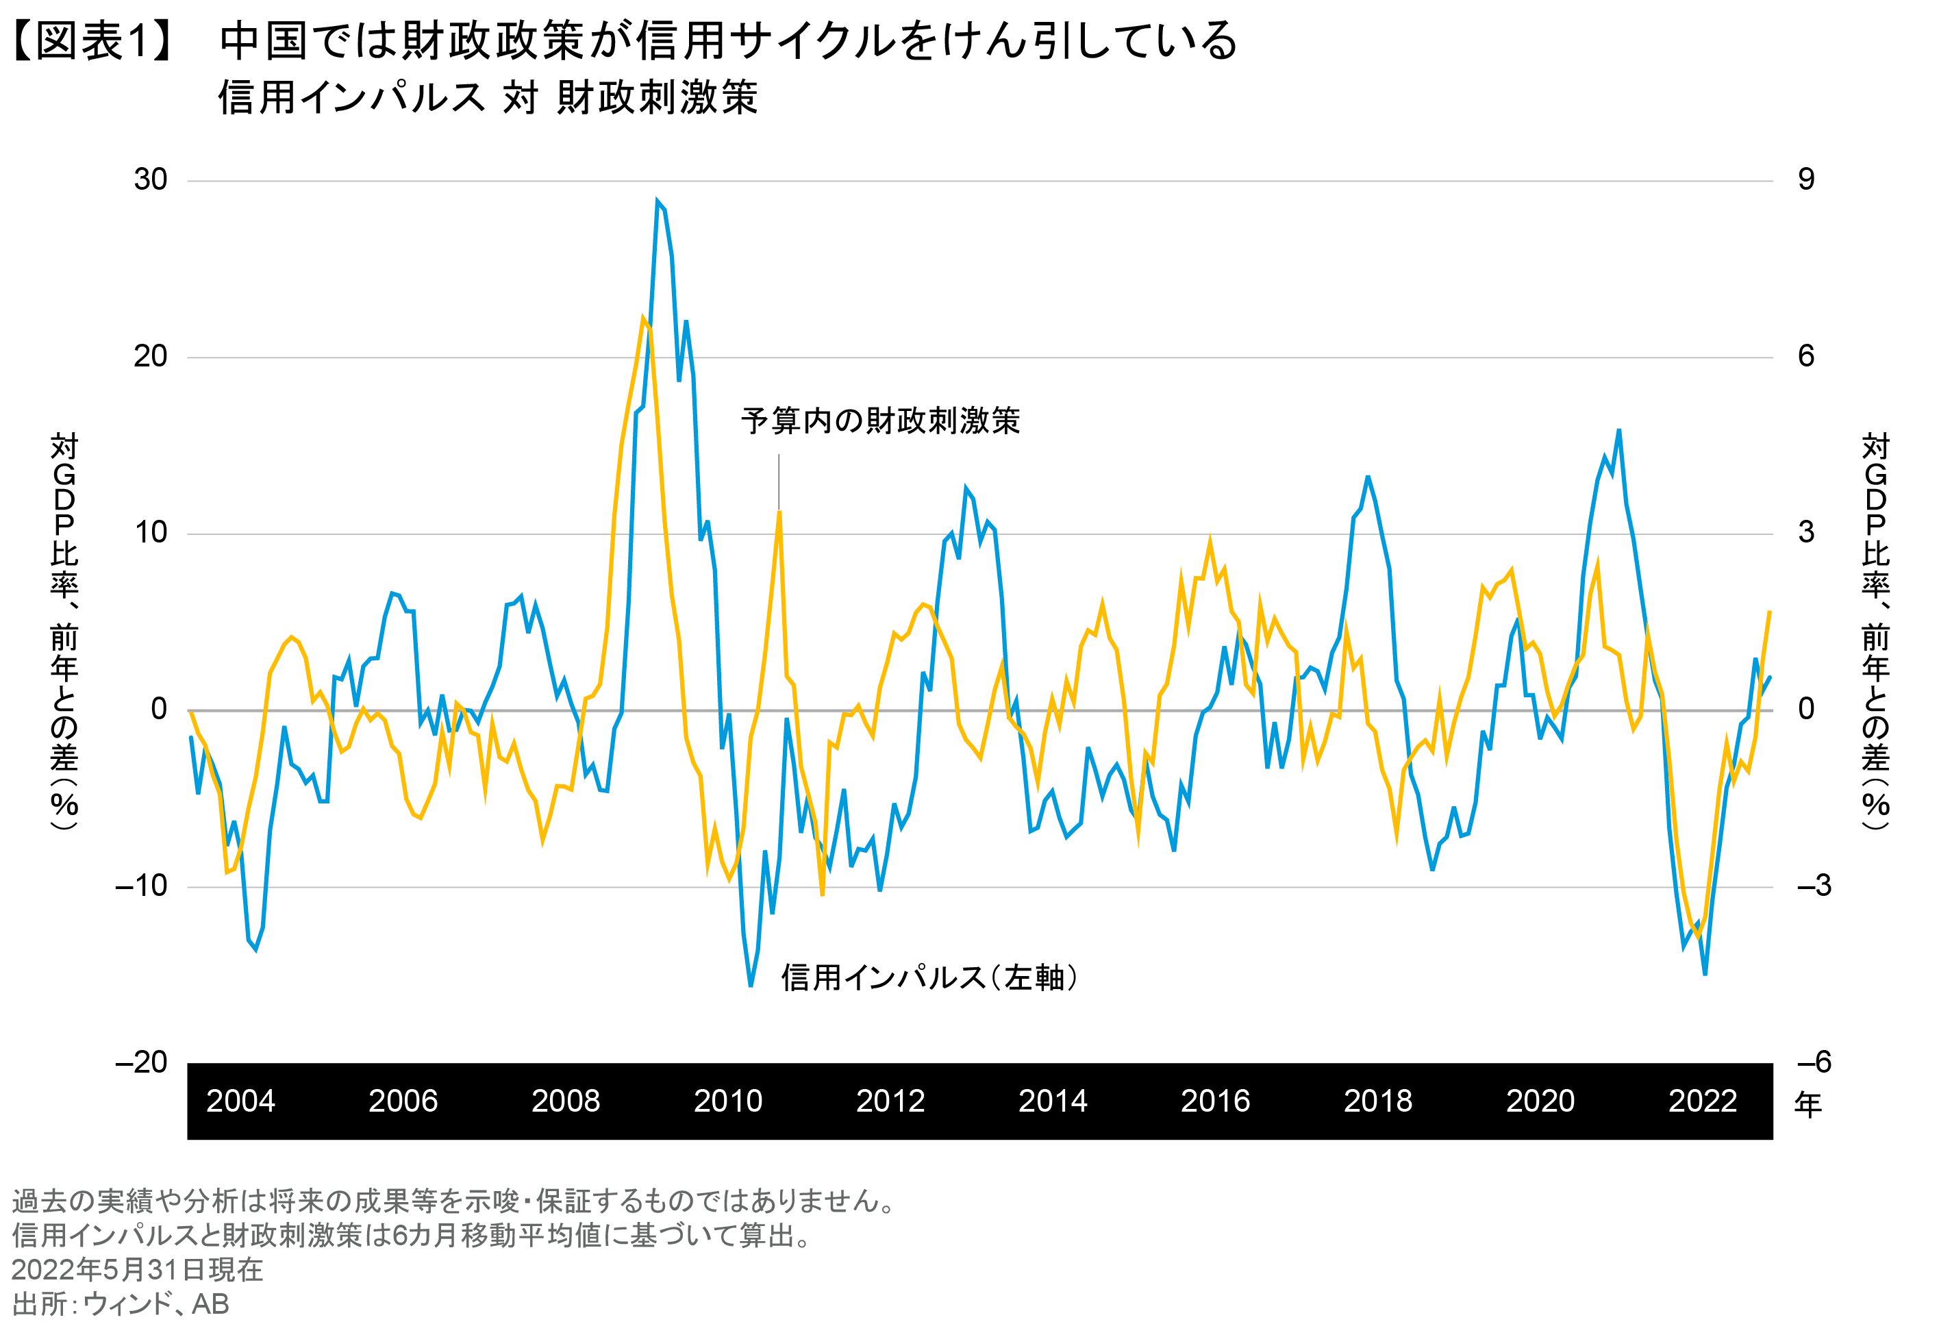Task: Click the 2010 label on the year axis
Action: point(727,1101)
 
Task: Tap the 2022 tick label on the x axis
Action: point(1702,1101)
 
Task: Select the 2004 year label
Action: point(240,1101)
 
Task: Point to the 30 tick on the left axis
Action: point(151,179)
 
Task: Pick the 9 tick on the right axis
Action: point(1806,179)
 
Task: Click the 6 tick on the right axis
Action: point(1806,356)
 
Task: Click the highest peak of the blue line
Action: point(658,201)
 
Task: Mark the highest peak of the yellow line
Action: point(643,318)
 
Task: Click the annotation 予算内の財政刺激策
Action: point(879,420)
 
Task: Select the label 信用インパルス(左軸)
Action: point(929,977)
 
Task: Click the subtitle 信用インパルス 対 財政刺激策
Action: point(487,97)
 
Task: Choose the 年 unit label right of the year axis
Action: point(1807,1104)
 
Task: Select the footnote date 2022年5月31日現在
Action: point(137,1269)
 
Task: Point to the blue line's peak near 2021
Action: point(1618,430)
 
